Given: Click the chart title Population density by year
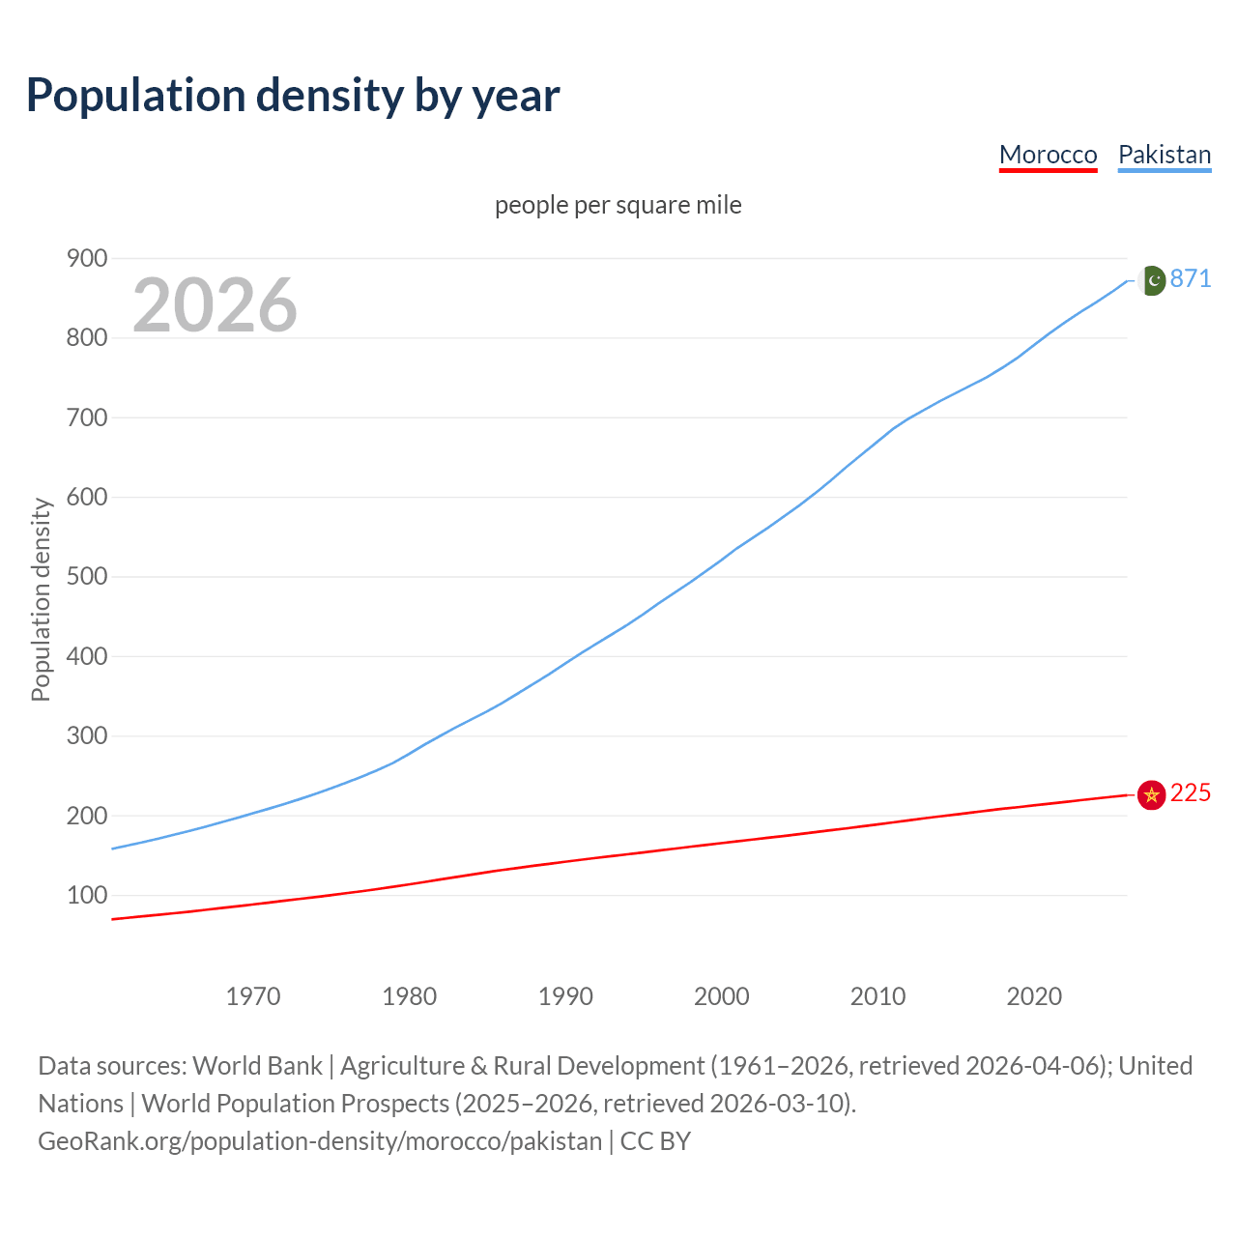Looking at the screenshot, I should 293,96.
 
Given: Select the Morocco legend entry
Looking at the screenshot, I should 1048,155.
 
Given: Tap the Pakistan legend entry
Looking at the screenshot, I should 1164,155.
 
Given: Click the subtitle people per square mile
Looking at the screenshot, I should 618,206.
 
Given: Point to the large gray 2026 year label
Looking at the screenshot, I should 215,305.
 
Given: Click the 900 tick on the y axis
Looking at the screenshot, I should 86,258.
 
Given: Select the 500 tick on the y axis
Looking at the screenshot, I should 86,577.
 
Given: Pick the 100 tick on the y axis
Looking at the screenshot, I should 86,896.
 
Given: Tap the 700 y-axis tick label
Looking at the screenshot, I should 86,417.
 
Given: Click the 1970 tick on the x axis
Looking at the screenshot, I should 253,996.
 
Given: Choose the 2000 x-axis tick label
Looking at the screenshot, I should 722,996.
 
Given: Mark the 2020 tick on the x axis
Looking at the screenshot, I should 1034,996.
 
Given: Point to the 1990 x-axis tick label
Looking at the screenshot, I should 565,996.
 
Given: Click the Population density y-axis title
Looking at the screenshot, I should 41,599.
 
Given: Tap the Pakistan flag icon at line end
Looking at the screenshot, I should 1152,280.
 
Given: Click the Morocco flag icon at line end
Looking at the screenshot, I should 1151,794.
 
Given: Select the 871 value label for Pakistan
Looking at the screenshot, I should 1191,279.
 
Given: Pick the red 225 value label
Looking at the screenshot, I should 1191,793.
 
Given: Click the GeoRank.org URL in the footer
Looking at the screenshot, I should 320,1141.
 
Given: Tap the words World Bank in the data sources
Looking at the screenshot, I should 257,1066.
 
